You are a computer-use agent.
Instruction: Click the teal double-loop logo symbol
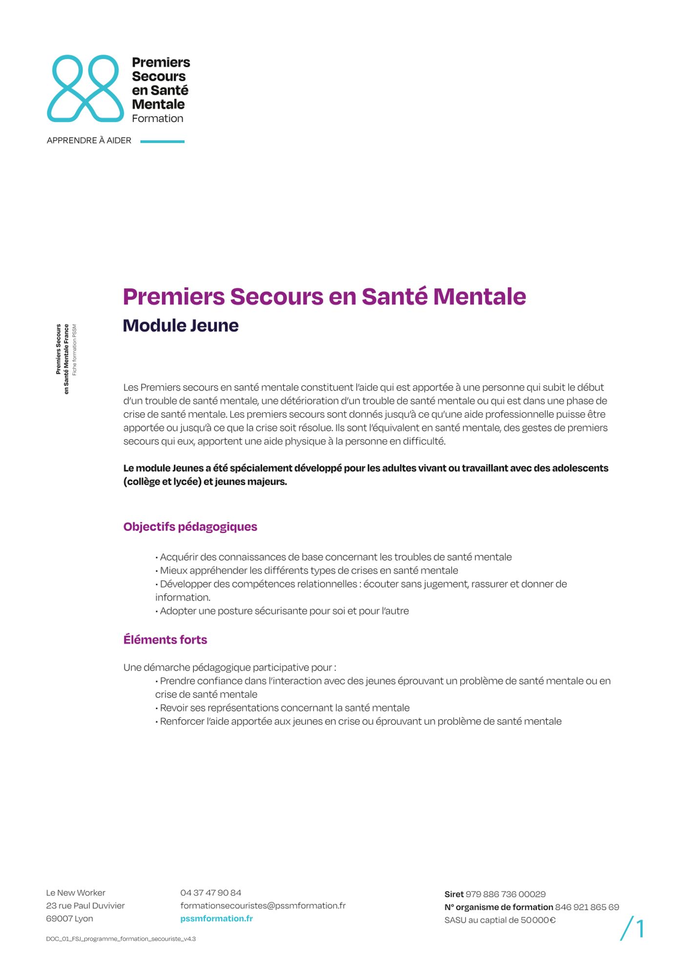tap(85, 88)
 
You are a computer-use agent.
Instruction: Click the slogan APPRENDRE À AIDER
tap(89, 141)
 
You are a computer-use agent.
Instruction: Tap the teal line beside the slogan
tap(162, 142)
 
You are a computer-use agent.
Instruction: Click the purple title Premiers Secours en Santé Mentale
tap(324, 296)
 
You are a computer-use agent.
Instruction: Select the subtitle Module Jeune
tap(181, 325)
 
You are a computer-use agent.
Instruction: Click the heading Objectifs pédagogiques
tap(190, 527)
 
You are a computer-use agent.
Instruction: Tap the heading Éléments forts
tap(165, 640)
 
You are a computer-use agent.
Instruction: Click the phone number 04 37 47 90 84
tap(210, 893)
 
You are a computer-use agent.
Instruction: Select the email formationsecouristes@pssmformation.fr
tap(263, 905)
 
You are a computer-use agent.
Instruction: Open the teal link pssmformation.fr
tap(216, 918)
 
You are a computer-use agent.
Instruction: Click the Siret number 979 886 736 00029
tap(505, 894)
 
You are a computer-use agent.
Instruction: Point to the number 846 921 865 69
tap(587, 907)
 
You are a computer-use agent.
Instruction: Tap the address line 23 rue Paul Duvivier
tap(85, 905)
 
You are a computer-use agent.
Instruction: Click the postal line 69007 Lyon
tap(69, 918)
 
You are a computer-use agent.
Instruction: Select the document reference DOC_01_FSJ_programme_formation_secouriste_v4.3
tap(121, 939)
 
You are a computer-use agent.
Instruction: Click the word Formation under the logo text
tap(157, 119)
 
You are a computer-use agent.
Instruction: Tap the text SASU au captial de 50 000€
tap(500, 920)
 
